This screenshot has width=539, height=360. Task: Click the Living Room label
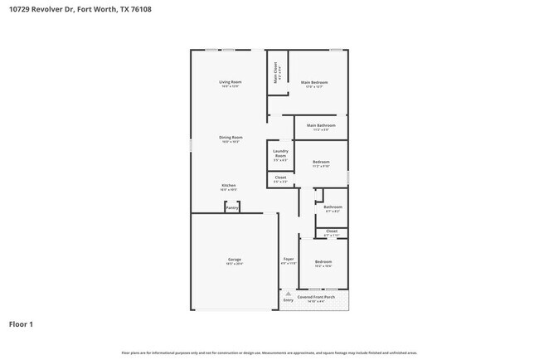pos(230,82)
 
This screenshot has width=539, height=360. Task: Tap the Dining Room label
pos(231,137)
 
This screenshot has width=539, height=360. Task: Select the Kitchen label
pos(228,185)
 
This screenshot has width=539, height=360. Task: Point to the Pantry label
pos(232,208)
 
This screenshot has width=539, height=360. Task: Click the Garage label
pos(235,259)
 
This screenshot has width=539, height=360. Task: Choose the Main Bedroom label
pos(314,82)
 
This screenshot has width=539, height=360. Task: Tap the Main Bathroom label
pos(321,125)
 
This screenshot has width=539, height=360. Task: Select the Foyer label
pos(289,259)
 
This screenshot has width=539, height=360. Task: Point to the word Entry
pos(288,299)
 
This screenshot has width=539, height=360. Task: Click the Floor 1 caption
pos(21,324)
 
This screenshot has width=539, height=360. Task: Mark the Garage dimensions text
pos(235,264)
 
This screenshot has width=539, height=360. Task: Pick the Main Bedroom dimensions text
pos(314,86)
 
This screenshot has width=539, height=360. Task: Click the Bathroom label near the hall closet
pos(333,207)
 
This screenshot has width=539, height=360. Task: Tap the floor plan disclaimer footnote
pos(269,352)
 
